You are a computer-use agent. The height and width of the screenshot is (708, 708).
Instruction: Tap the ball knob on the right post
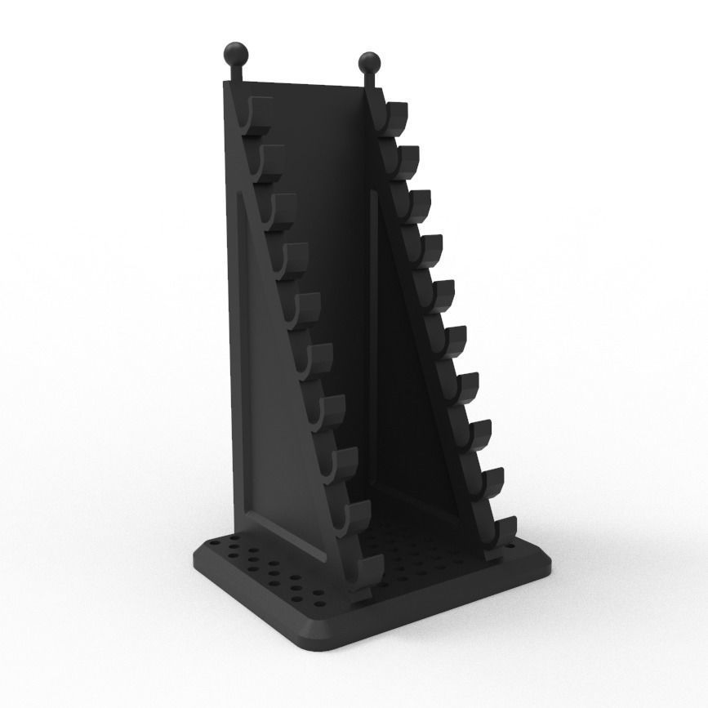[x=369, y=62]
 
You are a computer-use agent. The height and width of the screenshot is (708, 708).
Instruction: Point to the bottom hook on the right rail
[x=501, y=532]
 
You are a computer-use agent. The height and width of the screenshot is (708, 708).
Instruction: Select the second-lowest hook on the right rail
[x=490, y=484]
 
